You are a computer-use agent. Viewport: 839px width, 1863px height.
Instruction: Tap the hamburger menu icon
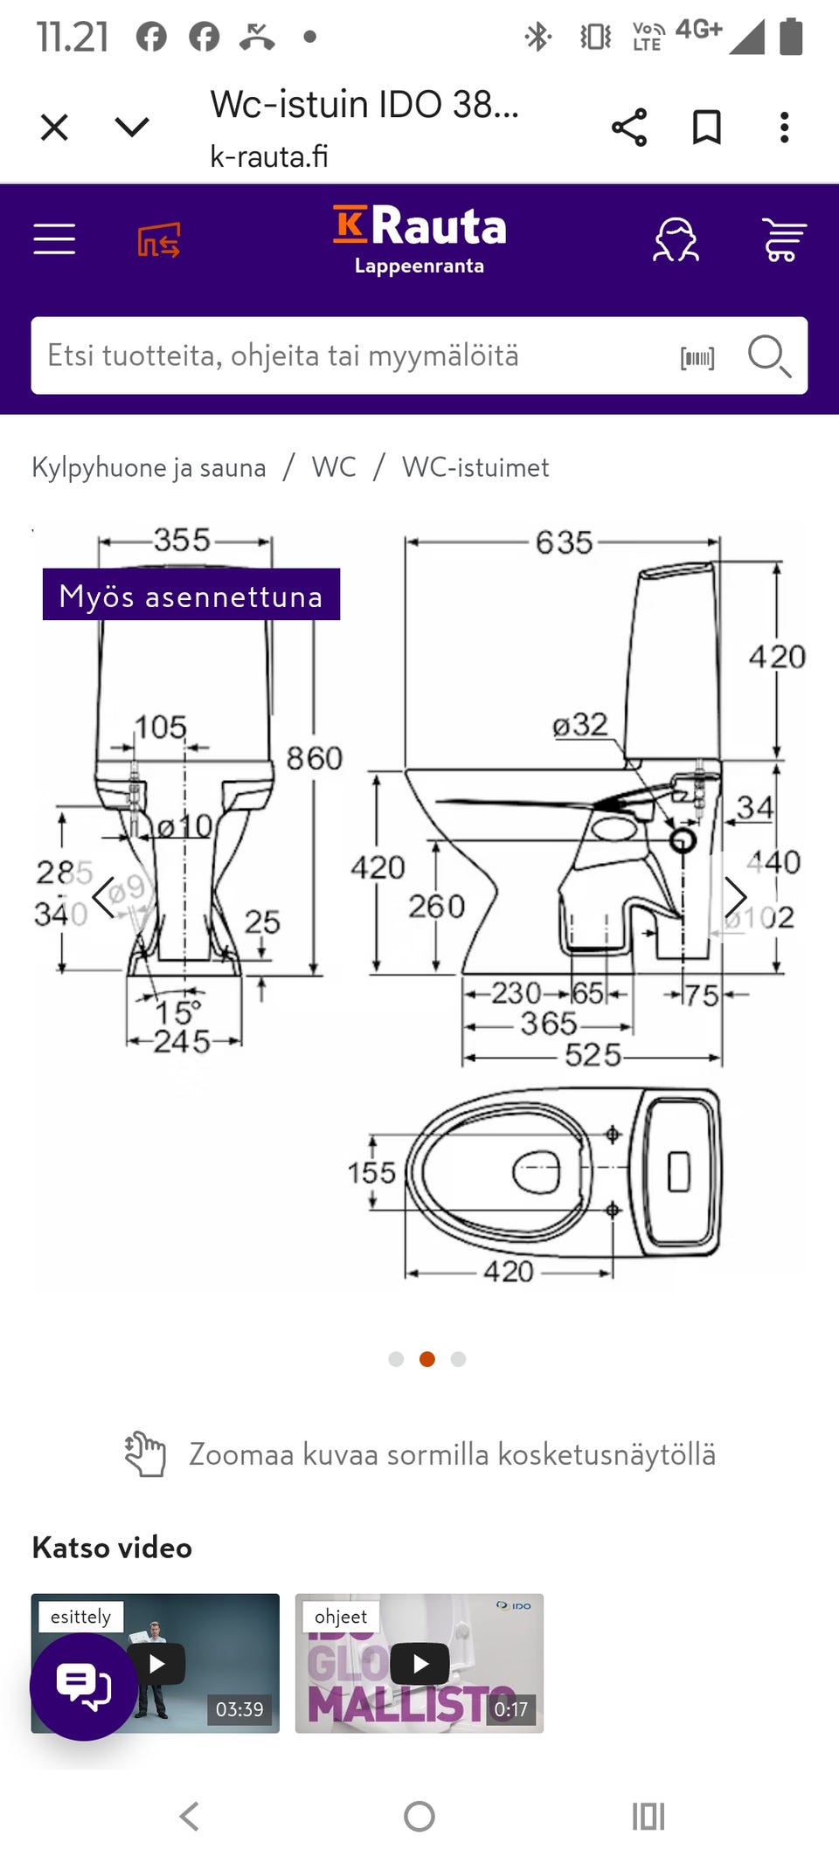54,238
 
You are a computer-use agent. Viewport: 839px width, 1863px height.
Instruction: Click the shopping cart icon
783,239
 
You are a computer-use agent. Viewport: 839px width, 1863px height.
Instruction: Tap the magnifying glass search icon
768,355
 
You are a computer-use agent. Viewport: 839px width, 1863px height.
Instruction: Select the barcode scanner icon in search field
697,357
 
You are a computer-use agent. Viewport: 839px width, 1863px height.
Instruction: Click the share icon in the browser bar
629,128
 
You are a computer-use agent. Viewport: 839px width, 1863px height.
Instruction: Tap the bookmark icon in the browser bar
706,128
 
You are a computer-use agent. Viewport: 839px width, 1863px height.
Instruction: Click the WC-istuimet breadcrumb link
475,467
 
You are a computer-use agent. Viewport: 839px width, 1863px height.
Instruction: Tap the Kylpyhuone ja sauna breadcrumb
149,467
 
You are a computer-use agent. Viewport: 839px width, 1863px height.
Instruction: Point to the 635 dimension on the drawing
564,542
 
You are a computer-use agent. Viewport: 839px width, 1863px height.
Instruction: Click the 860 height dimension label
315,758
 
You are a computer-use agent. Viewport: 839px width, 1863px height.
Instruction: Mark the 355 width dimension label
182,540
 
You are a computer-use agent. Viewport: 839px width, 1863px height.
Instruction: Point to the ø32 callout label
579,724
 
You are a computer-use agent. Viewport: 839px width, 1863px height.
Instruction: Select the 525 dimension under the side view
593,1055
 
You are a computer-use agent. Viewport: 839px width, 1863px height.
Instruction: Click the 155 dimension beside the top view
371,1172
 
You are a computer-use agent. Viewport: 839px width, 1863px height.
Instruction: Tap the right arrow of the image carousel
735,896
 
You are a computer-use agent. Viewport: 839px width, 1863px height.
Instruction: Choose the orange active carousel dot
427,1359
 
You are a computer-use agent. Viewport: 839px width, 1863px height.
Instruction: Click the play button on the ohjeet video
420,1664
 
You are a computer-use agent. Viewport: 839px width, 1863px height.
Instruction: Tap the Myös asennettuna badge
191,595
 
